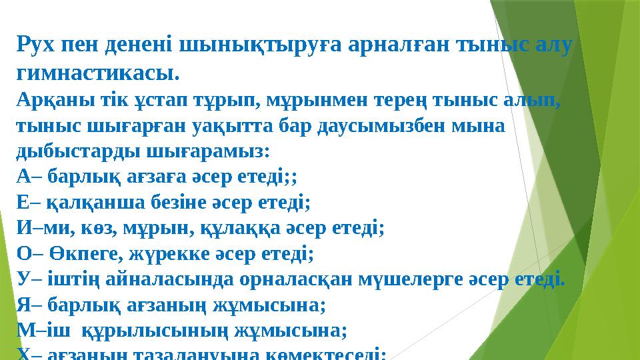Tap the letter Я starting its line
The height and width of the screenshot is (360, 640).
(22, 304)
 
